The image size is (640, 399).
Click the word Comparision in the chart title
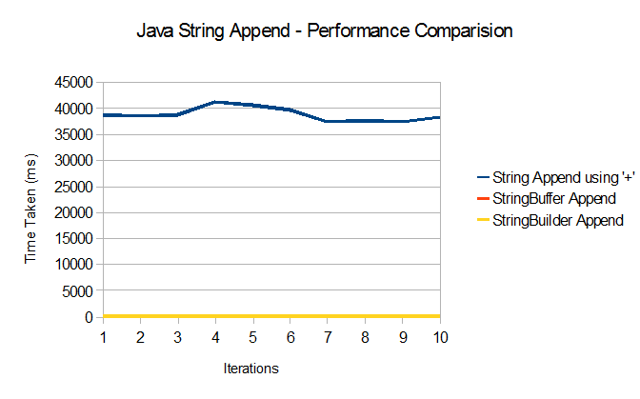[x=461, y=30]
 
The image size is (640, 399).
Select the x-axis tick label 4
[x=215, y=337]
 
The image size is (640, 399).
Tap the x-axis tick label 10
[x=439, y=337]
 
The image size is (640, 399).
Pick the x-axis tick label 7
[x=328, y=337]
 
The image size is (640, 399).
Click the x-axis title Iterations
[x=250, y=367]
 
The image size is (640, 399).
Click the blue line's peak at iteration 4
[x=215, y=102]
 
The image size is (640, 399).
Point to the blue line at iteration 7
[x=328, y=121]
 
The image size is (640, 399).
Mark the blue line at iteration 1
[x=104, y=115]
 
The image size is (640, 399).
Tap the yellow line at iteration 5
[x=252, y=315]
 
